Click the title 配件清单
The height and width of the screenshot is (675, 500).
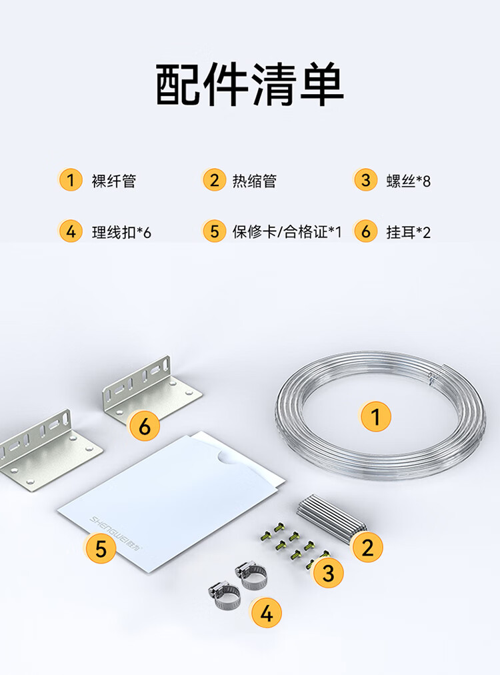click(x=249, y=84)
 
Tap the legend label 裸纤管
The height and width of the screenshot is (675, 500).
click(x=114, y=181)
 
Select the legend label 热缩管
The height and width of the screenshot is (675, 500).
click(x=254, y=181)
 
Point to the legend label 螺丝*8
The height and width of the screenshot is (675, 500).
click(x=409, y=181)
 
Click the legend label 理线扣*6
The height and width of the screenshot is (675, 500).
click(x=121, y=233)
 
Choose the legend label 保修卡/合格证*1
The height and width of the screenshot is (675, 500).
click(x=287, y=232)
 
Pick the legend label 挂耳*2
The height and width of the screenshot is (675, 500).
click(x=409, y=233)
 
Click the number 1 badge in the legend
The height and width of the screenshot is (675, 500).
click(x=71, y=179)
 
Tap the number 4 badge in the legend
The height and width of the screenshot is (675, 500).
click(x=71, y=231)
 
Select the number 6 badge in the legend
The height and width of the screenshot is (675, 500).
click(x=365, y=231)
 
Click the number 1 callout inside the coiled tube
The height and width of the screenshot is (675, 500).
click(x=375, y=416)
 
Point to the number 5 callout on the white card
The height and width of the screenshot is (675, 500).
click(x=101, y=549)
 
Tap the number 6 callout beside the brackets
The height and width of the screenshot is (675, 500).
click(x=145, y=426)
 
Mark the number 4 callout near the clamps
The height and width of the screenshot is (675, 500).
click(x=267, y=612)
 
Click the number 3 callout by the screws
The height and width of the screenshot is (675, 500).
click(x=328, y=573)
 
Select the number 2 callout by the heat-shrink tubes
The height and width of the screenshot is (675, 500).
click(x=368, y=547)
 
